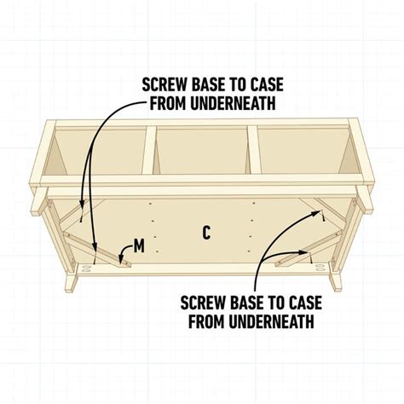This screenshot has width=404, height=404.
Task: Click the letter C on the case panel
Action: (206, 230)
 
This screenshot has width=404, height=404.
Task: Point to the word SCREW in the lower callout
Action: (204, 302)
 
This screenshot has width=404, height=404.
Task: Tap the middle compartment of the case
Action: (201, 153)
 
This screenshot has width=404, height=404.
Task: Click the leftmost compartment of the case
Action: (98, 153)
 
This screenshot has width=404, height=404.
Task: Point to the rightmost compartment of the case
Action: (303, 153)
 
